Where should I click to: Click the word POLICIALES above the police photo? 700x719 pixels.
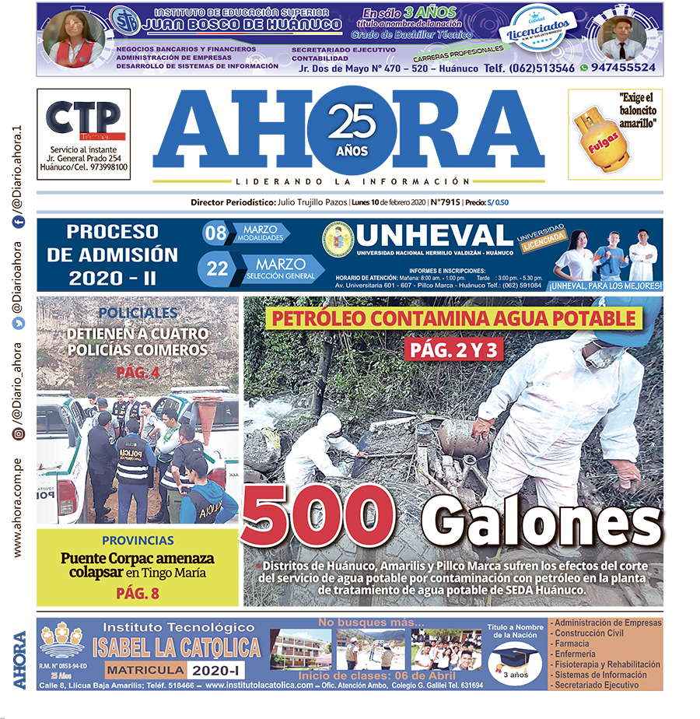[138, 313]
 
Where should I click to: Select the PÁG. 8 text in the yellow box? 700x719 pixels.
[137, 593]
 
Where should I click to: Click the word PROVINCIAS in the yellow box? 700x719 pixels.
[138, 540]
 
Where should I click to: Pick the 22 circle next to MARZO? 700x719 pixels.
[218, 268]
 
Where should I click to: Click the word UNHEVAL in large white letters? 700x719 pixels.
[436, 236]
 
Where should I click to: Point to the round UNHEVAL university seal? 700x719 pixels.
[338, 240]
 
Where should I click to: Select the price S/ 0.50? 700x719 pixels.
[498, 202]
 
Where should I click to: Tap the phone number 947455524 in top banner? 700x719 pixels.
[622, 68]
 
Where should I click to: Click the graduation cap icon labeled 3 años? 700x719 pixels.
[514, 661]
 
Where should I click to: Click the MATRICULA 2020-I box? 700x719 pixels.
[168, 670]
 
